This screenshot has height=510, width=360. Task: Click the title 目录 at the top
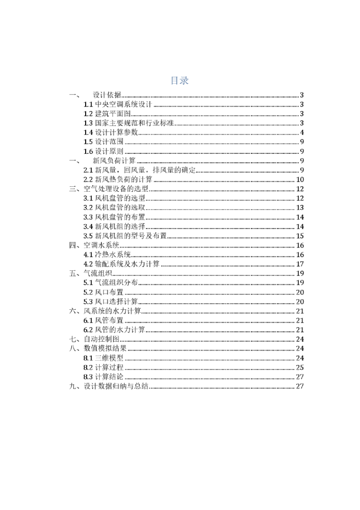pos(179,81)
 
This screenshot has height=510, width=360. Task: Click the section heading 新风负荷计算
pos(114,161)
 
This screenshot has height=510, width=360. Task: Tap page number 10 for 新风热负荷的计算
pos(300,180)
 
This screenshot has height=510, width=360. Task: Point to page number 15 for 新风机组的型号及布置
pos(300,236)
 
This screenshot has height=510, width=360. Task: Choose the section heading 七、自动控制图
pos(94,339)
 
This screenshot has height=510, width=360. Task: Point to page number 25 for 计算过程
pos(300,368)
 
